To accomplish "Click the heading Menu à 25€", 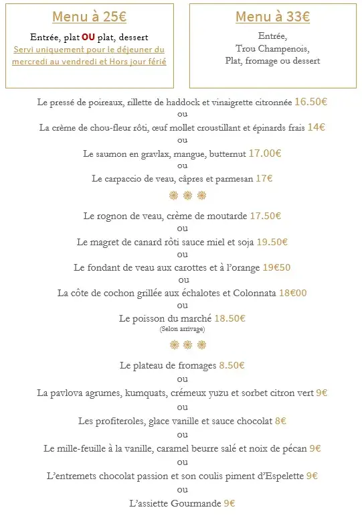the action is tap(89, 17).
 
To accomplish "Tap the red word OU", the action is tap(88, 37).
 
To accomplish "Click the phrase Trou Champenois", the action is tap(273, 48).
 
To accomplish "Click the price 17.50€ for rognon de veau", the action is tap(265, 216).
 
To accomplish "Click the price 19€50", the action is tap(276, 267).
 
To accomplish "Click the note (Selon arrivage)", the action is tap(182, 329).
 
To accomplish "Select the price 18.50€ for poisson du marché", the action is tap(230, 319).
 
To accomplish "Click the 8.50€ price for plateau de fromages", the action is tap(232, 366).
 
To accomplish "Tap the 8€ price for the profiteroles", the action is tap(280, 421).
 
